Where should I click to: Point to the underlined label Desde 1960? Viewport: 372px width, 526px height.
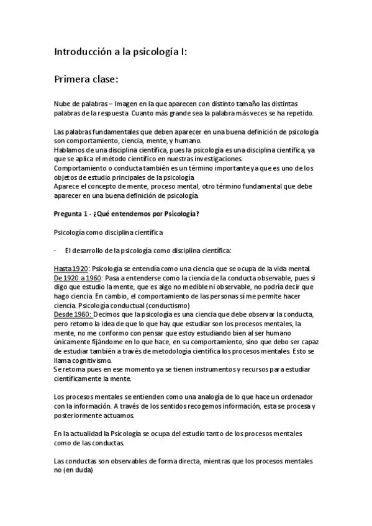73,314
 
